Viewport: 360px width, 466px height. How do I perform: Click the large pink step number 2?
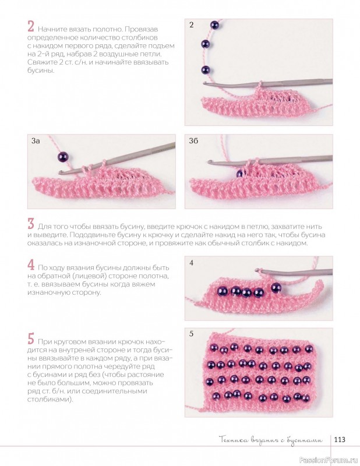(x=31, y=26)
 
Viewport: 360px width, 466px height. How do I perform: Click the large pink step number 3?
(x=31, y=224)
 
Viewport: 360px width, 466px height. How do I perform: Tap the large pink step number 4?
(x=31, y=264)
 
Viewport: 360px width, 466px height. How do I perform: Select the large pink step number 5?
(x=31, y=338)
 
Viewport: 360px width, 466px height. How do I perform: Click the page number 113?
(x=340, y=439)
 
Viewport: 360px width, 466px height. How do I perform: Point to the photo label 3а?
(x=36, y=141)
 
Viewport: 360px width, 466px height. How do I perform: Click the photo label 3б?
(x=193, y=141)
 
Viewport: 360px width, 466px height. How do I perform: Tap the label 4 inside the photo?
(x=191, y=263)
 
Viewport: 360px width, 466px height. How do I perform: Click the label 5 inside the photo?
(x=191, y=334)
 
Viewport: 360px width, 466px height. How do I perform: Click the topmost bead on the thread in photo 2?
(x=214, y=24)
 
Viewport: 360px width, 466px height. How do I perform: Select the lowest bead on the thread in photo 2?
(x=206, y=70)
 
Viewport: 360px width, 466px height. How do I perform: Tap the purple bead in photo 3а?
(x=63, y=156)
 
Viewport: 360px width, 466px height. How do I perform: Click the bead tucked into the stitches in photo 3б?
(x=239, y=174)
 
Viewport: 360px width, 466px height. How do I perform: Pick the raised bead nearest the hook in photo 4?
(x=277, y=287)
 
